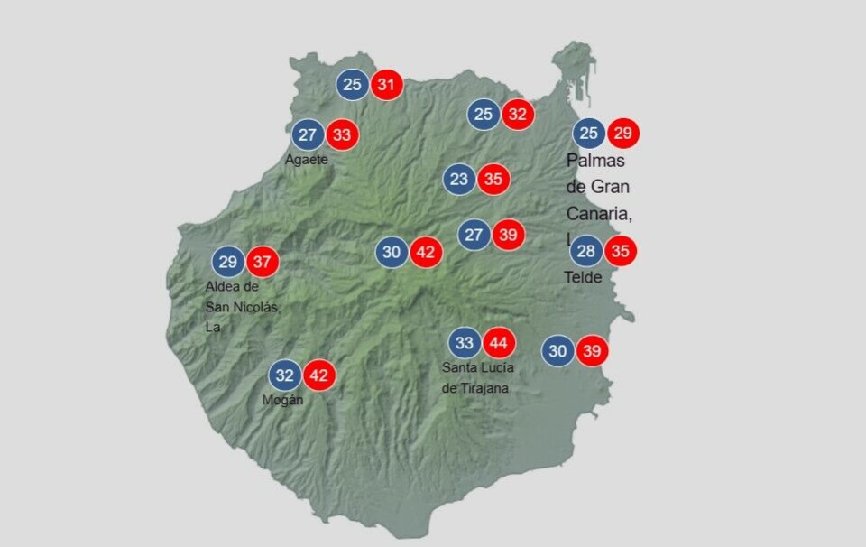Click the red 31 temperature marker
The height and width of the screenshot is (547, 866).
pos(386,86)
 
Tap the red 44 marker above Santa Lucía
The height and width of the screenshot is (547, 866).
pos(498,343)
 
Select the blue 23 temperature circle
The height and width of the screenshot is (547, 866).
pos(459,179)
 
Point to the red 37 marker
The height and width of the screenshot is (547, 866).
pos(262,263)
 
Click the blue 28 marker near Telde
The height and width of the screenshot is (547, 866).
pos(586,251)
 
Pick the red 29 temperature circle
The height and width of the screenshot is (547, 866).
pos(622,134)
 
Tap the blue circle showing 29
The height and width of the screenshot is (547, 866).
pos(228,263)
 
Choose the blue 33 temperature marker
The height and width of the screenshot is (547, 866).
pos(465,343)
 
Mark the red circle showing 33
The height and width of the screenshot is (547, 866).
pos(342,135)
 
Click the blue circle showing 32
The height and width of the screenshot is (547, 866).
pos(285,375)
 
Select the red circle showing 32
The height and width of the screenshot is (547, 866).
pos(518,115)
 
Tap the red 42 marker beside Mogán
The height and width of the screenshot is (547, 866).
pos(318,375)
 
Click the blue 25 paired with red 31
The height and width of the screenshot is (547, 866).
pos(353,86)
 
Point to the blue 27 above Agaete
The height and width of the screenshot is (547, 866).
pos(309,135)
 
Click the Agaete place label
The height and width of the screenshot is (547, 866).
pos(306,160)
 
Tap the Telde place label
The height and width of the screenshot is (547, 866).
pos(583,277)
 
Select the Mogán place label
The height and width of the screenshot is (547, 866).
pos(282,400)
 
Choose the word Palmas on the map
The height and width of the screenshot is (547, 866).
pos(595,161)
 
